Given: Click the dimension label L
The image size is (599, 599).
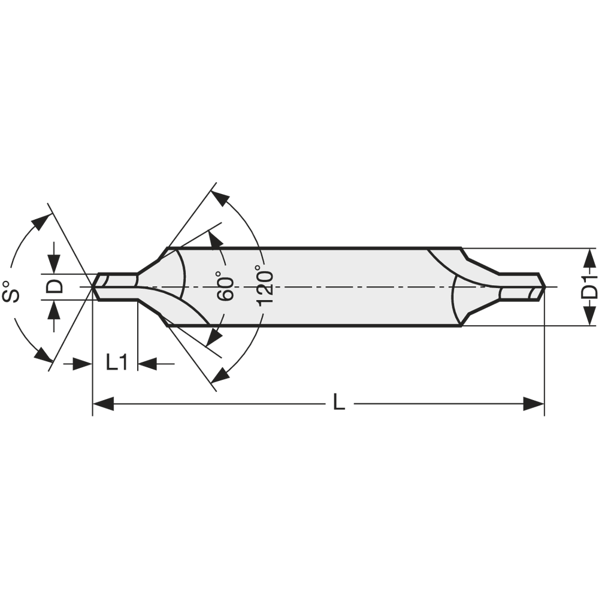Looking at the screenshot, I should [339, 403].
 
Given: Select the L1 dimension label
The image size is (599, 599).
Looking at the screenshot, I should [117, 362].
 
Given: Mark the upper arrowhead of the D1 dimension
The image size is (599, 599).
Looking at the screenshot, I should [590, 258].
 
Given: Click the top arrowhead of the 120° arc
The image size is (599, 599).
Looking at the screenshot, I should [221, 199].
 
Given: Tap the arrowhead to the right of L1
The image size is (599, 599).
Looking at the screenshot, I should [147, 363].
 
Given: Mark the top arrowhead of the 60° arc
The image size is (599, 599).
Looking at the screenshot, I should [214, 240].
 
